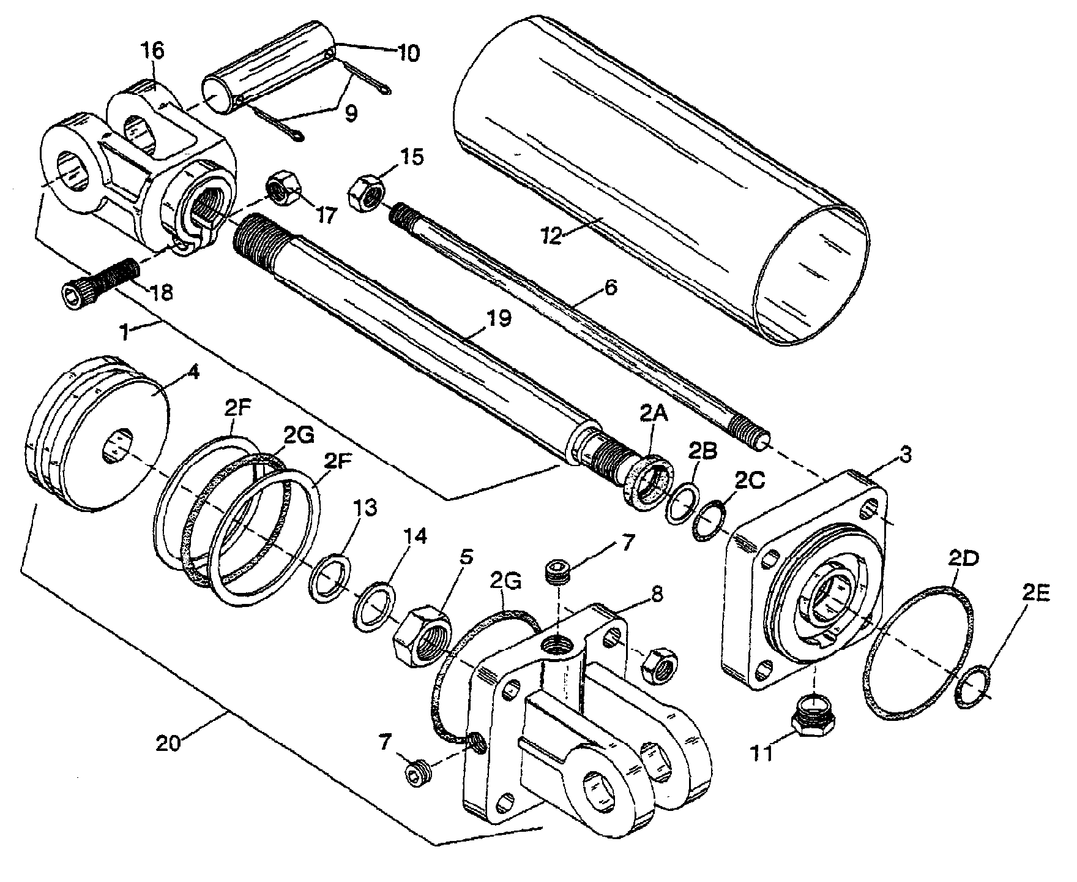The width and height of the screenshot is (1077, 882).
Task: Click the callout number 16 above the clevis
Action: coord(154,52)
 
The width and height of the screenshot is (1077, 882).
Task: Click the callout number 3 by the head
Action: coord(906,456)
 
